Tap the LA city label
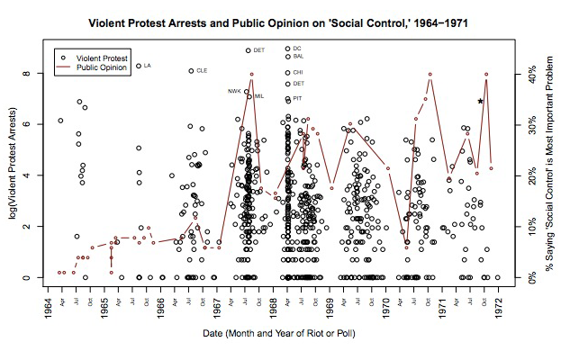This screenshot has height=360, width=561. point(148,66)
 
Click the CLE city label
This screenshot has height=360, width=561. point(203,71)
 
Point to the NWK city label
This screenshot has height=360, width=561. point(234,91)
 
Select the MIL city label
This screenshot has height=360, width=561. point(259,96)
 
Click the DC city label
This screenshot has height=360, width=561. point(298,49)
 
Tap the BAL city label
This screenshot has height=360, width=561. point(299,57)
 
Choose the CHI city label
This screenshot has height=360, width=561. point(298,72)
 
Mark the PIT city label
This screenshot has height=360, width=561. point(298,98)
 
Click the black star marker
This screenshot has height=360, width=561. point(481,101)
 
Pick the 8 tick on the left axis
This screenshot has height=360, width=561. point(28,74)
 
